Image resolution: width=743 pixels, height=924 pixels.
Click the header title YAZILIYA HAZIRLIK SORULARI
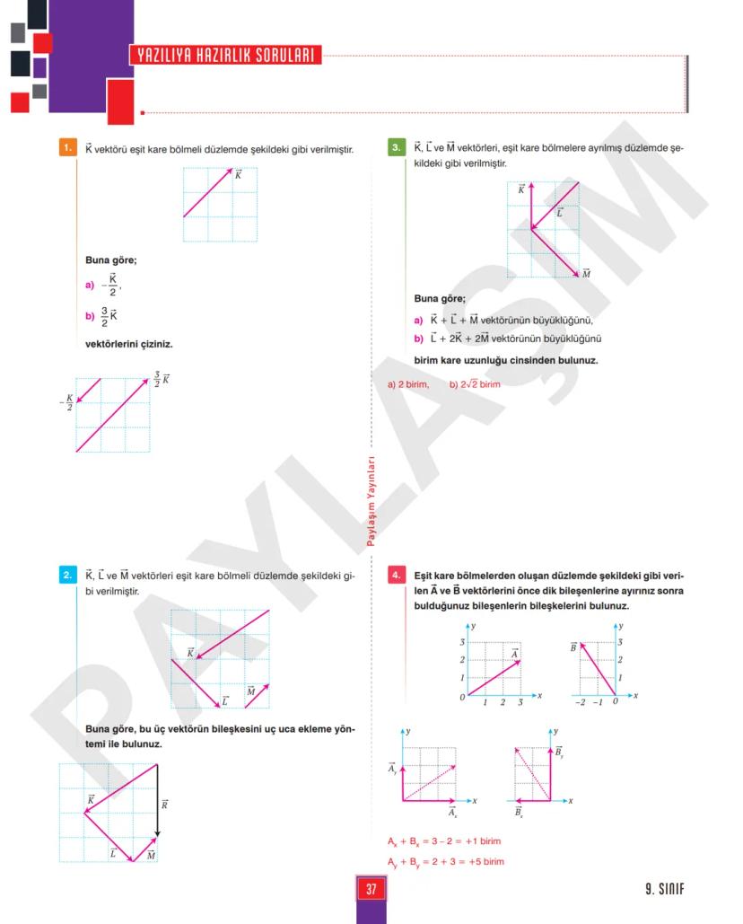click(x=225, y=55)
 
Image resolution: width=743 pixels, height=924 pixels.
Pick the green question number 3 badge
click(x=397, y=147)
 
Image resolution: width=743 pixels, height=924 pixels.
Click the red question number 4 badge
click(x=397, y=575)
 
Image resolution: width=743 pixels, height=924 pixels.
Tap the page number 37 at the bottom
click(x=371, y=889)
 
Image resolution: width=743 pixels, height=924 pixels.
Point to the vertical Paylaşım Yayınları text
click(x=371, y=502)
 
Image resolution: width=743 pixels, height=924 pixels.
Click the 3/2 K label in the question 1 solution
click(x=161, y=379)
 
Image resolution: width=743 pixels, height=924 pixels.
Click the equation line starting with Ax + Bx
click(x=444, y=841)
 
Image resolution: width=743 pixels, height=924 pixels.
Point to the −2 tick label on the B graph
click(x=581, y=702)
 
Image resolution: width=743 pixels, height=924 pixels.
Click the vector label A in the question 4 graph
click(x=515, y=654)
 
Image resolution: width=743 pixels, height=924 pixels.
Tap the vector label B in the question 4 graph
click(x=573, y=646)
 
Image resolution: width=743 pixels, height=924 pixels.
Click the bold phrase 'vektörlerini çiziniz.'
click(x=128, y=343)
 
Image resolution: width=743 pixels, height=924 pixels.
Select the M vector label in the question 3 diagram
click(x=585, y=273)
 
